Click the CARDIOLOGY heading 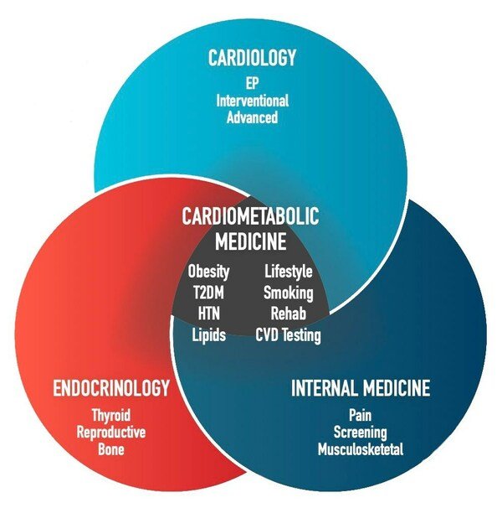click(x=251, y=60)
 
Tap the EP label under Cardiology click(x=251, y=85)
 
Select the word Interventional click(x=252, y=101)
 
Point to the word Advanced click(x=252, y=117)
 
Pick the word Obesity click(x=208, y=272)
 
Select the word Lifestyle click(x=288, y=272)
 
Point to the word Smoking click(x=288, y=293)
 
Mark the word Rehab click(x=288, y=314)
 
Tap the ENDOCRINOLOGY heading click(x=111, y=389)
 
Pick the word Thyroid click(x=111, y=417)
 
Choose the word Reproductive click(x=111, y=433)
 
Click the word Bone click(x=111, y=448)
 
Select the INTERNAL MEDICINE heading click(x=360, y=389)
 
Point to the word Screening click(x=360, y=433)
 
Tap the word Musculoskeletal click(x=360, y=448)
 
